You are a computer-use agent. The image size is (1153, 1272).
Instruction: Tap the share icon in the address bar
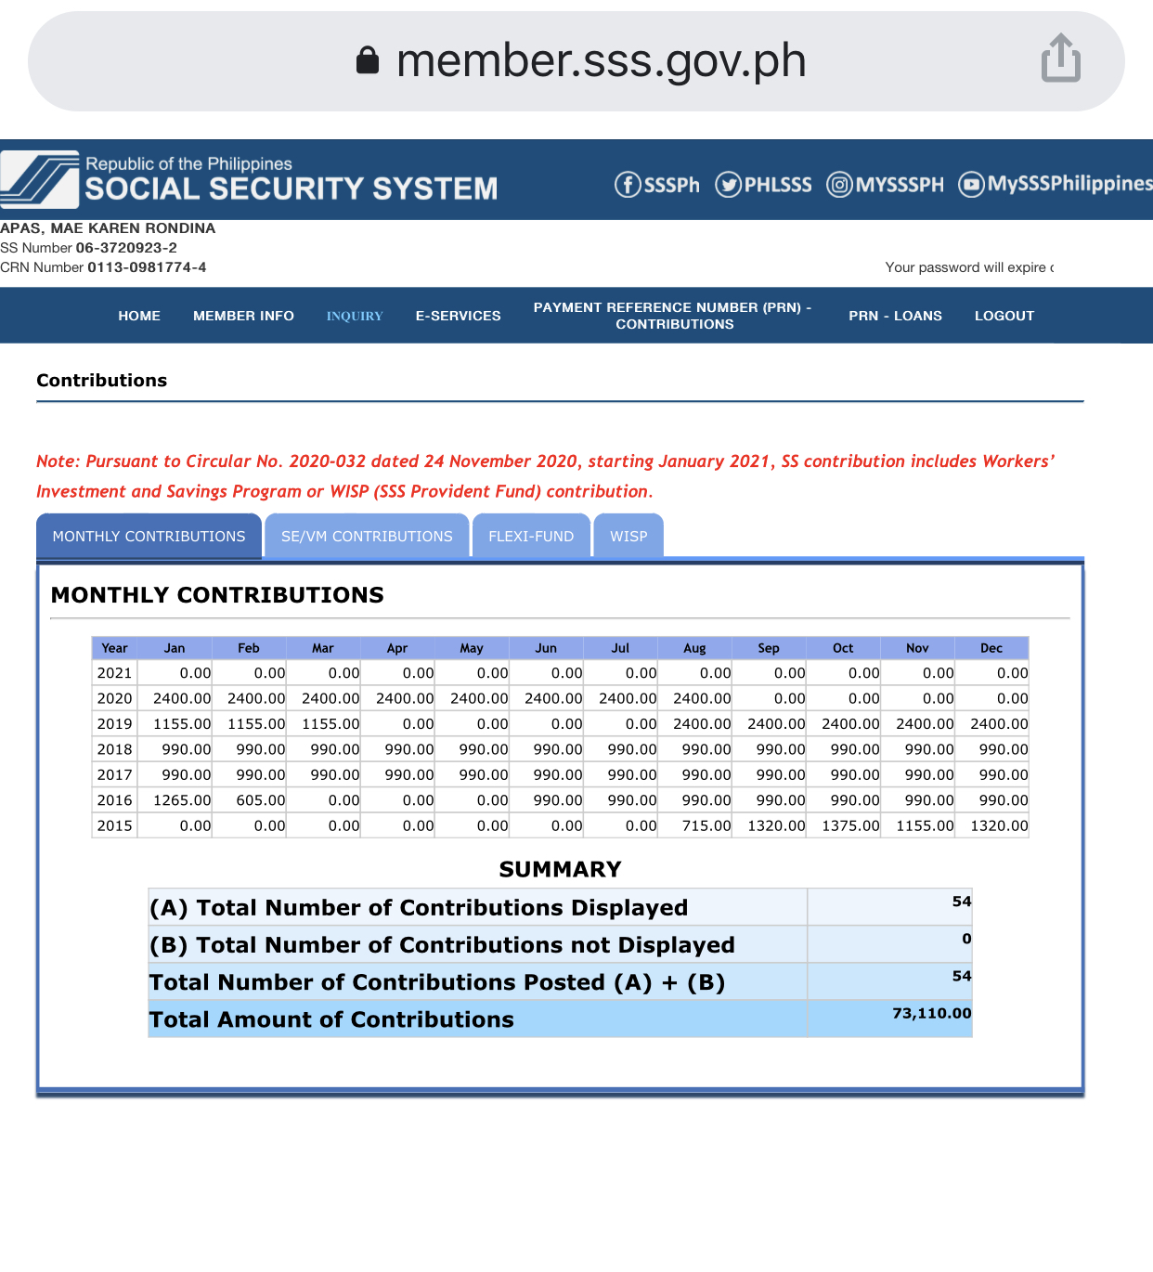[x=1060, y=58]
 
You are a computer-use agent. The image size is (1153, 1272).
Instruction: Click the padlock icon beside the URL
[x=368, y=60]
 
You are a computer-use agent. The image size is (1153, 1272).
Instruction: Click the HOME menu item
[x=139, y=316]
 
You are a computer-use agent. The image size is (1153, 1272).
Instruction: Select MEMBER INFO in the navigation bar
[x=243, y=316]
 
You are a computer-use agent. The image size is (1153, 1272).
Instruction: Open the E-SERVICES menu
[x=458, y=316]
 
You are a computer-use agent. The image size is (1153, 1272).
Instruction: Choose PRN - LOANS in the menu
[x=895, y=316]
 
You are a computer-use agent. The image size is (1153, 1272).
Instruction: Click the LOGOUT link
[x=1004, y=316]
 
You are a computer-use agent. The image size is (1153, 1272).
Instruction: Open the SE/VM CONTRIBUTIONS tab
[x=367, y=537]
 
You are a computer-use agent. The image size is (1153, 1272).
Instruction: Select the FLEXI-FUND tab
[x=531, y=537]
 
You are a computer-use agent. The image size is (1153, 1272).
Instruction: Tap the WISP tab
[x=628, y=537]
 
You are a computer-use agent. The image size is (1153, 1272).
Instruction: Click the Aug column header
[x=694, y=648]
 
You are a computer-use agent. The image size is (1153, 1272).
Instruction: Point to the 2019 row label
[x=114, y=724]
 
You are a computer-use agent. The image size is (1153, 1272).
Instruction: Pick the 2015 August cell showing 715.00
[x=706, y=825]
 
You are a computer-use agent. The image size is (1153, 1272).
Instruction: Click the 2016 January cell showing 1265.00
[x=182, y=800]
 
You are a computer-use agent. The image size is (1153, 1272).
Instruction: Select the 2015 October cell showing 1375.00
[x=850, y=825]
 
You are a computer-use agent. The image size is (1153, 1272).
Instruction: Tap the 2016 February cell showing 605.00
[x=260, y=800]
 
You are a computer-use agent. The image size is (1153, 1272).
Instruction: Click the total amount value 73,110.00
[x=931, y=1013]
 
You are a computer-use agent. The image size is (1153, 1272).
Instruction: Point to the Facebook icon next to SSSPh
[x=628, y=185]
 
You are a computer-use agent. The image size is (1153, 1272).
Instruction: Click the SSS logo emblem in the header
[x=41, y=179]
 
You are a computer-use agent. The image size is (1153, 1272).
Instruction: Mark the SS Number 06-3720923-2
[x=126, y=248]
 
